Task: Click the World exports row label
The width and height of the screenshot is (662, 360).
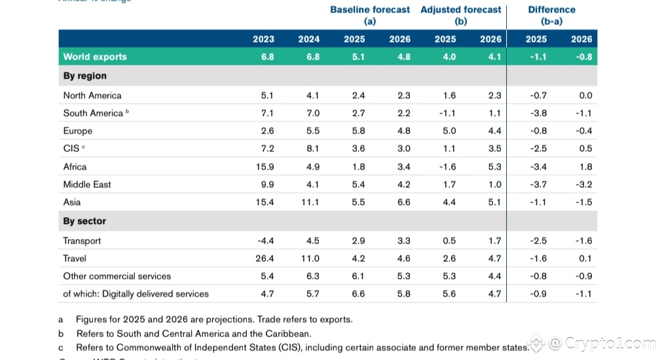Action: point(95,57)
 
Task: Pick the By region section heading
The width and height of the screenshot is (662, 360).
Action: point(84,76)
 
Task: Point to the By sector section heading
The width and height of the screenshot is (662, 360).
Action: point(84,221)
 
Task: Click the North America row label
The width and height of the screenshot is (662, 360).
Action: point(92,96)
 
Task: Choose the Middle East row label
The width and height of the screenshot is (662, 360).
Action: point(87,185)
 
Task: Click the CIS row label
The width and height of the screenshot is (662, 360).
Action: point(72,149)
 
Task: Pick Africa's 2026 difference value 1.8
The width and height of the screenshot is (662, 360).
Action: point(585,167)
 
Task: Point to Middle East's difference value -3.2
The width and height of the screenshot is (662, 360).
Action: point(584,185)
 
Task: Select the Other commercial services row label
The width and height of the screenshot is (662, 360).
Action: point(117,276)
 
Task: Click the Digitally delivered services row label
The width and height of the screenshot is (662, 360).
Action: point(136,294)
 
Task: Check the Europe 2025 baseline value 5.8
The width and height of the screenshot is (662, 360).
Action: point(359,131)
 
